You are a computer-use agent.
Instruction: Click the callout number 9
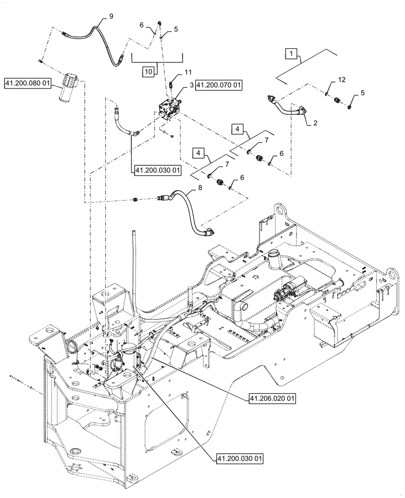pyautogui.click(x=111, y=16)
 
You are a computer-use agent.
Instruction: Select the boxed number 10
pyautogui.click(x=148, y=72)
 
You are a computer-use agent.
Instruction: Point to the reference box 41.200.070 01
pyautogui.click(x=218, y=86)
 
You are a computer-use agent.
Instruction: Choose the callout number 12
pyautogui.click(x=341, y=79)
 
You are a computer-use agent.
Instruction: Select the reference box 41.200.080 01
pyautogui.click(x=28, y=83)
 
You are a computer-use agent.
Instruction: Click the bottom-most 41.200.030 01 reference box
pyautogui.click(x=240, y=458)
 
